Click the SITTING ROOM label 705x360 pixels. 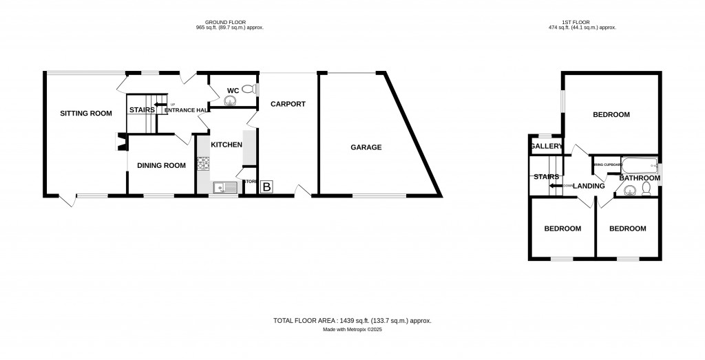pos(85,113)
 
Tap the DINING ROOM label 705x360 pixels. pos(162,165)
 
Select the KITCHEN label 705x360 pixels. pos(227,145)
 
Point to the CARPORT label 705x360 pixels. pos(288,104)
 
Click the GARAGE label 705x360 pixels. pos(366,147)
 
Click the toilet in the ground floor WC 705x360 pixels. pos(248,89)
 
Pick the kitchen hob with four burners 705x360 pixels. pos(203,164)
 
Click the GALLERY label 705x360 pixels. pos(547,146)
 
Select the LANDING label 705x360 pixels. pos(589,186)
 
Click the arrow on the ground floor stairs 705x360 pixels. pos(160,105)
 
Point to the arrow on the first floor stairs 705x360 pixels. pos(555,184)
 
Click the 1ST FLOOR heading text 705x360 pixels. pos(581,23)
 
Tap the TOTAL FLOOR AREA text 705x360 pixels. pos(352,321)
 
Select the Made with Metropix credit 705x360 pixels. pos(352,330)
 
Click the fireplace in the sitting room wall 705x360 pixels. pos(120,142)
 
